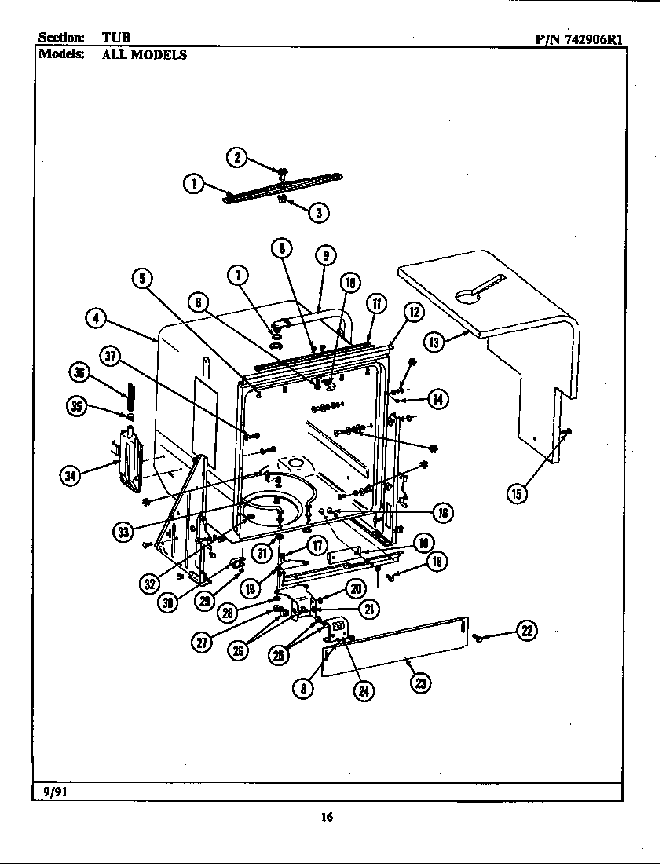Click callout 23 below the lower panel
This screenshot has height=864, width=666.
pos(421,683)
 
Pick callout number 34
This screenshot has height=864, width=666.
pos(71,474)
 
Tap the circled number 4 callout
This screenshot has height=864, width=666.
pos(96,318)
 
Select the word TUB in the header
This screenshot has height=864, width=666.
pos(115,38)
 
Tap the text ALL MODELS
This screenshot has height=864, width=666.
pos(144,55)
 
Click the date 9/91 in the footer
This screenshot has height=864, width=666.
pos(52,791)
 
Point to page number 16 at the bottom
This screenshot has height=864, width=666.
pos(327,817)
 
